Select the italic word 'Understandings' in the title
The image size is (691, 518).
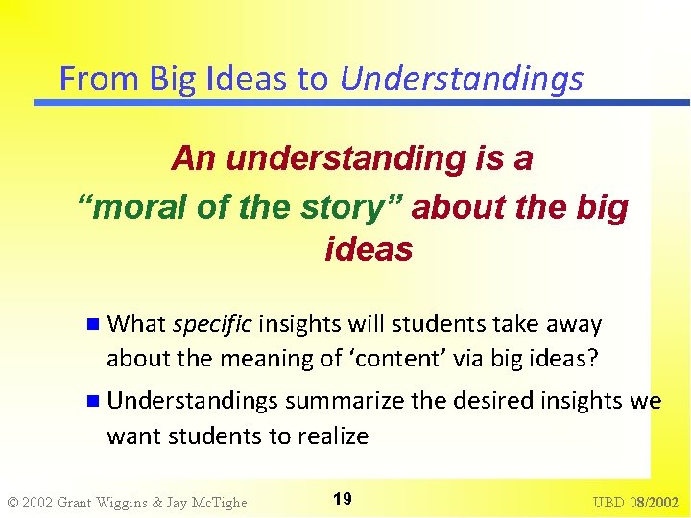[461, 79]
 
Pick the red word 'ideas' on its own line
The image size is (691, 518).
[369, 249]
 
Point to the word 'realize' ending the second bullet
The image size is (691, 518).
[330, 436]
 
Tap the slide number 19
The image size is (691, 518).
[342, 499]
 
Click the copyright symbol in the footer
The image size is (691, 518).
[12, 502]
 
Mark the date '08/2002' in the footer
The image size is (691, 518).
[655, 502]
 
